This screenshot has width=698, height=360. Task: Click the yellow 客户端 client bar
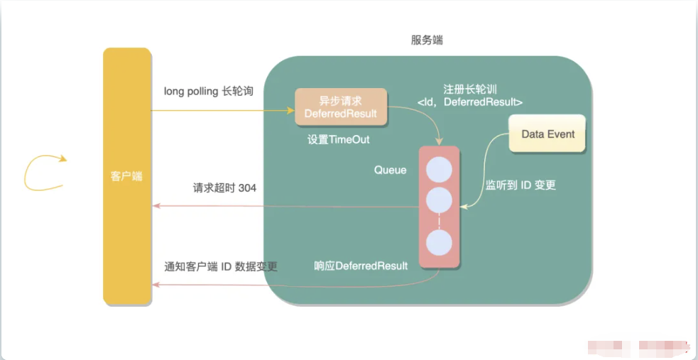[x=127, y=176]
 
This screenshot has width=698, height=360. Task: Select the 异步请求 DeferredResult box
[x=341, y=107]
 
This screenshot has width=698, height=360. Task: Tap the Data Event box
[x=547, y=133]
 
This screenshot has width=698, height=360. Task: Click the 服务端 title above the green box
[x=427, y=40]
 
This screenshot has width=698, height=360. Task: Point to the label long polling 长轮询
[x=209, y=91]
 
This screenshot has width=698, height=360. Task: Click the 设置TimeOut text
[x=338, y=140]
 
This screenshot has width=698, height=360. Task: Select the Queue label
[x=390, y=170]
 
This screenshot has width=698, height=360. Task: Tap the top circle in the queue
[x=439, y=170]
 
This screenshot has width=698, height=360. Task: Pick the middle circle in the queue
[x=439, y=200]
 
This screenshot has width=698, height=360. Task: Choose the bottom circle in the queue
[x=439, y=243]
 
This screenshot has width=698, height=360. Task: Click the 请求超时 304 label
[x=224, y=187]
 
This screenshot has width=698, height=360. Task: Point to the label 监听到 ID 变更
[x=520, y=185]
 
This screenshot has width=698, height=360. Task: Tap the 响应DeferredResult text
[x=361, y=266]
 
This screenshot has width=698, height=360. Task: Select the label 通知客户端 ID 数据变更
[x=221, y=266]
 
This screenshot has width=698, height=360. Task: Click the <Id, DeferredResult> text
[x=469, y=102]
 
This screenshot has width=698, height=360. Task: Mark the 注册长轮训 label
[x=469, y=88]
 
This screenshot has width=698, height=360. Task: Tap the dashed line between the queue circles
[x=439, y=221]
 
